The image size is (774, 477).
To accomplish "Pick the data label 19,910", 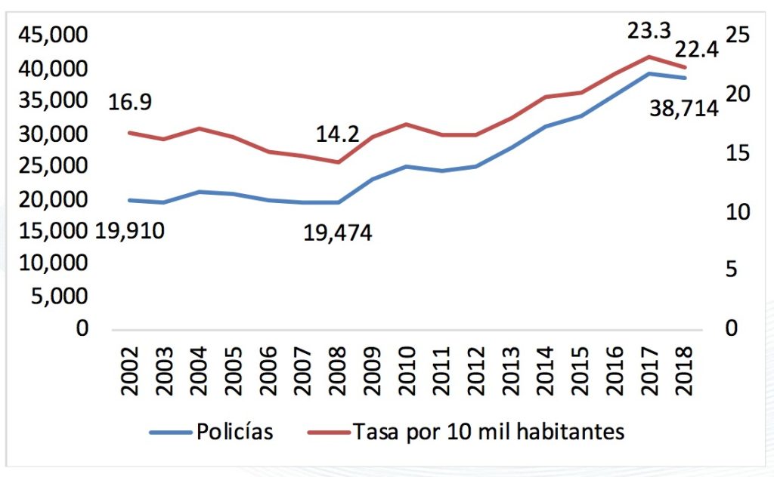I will tap(130, 231).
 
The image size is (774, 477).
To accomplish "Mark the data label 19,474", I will tap(338, 232).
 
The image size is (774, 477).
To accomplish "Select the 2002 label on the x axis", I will tap(130, 373).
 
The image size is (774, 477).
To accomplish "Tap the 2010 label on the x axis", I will tap(407, 373).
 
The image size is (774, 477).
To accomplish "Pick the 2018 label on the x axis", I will tap(684, 373).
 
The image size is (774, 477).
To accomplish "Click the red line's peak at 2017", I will tap(649, 57).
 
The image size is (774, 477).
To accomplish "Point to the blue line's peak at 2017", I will tap(649, 73).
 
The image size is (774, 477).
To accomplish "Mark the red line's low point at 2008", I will tap(338, 162).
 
